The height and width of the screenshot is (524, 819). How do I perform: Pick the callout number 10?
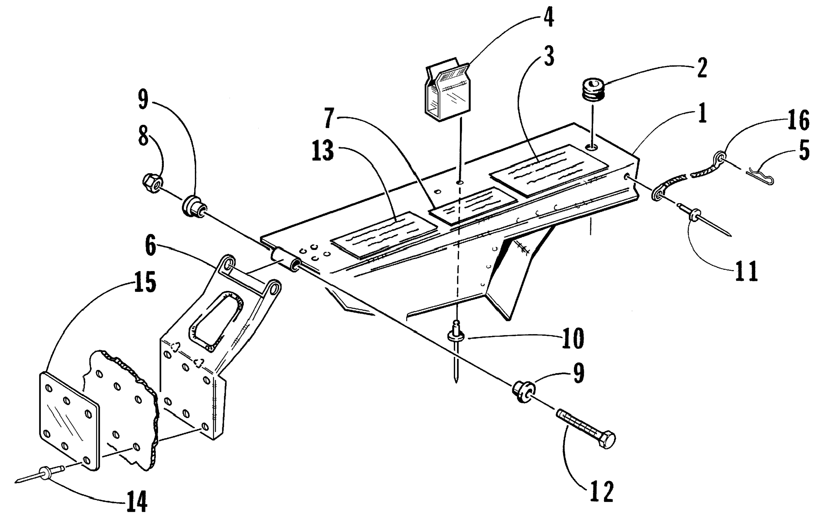pyautogui.click(x=573, y=338)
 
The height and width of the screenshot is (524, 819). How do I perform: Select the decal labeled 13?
pyautogui.click(x=384, y=235)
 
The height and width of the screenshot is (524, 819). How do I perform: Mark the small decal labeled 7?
pyautogui.click(x=473, y=206)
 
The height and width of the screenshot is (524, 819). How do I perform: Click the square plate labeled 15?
pyautogui.click(x=69, y=421)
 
